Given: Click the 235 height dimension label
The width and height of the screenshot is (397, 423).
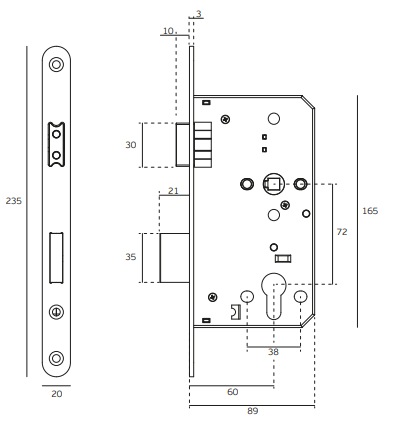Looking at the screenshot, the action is [x=14, y=201].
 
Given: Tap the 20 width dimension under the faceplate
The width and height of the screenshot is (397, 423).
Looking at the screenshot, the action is [x=57, y=394].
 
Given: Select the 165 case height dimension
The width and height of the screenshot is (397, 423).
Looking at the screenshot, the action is [x=370, y=211].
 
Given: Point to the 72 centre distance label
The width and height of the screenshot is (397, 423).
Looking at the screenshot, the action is [x=342, y=232].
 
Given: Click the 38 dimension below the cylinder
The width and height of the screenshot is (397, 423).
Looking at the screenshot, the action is [x=273, y=352].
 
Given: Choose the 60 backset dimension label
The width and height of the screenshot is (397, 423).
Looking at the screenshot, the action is [x=233, y=392].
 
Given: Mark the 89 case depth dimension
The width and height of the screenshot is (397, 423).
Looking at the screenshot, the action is [x=253, y=411].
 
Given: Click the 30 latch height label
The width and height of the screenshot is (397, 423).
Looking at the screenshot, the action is [x=131, y=145].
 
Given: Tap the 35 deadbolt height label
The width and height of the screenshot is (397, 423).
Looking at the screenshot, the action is [x=131, y=257].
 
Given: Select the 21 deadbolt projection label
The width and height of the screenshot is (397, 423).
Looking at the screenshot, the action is [x=173, y=191].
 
